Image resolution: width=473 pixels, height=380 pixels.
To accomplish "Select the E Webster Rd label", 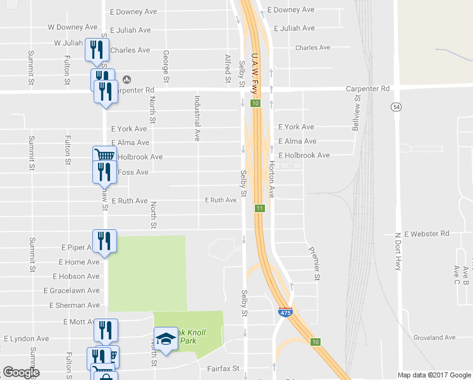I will (x=426, y=234).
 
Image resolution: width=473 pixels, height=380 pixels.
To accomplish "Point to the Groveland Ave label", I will (x=434, y=338).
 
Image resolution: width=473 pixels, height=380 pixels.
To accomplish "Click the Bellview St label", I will (x=357, y=108).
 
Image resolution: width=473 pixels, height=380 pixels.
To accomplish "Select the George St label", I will (x=166, y=66).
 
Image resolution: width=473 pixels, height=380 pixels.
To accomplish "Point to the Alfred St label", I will (x=228, y=68).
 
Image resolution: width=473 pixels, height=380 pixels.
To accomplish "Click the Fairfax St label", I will (x=223, y=367).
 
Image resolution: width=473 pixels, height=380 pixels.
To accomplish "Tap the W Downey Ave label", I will (x=73, y=27).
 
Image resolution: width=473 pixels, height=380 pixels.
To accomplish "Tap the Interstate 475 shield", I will (x=285, y=312).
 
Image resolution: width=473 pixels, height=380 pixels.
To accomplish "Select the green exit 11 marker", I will (x=260, y=208).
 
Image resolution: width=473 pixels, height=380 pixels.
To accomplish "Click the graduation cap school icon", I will (x=166, y=339).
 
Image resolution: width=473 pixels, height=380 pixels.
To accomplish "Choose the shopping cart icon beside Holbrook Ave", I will (x=104, y=155).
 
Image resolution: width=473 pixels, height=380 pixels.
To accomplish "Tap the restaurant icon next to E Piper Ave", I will (x=104, y=240).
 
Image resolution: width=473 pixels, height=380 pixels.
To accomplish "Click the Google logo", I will (x=20, y=372).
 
